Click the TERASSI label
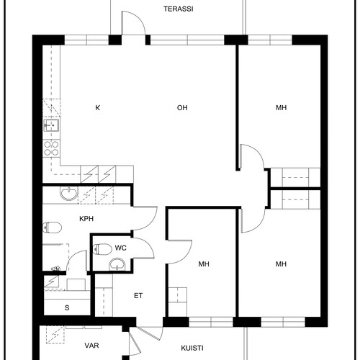pos(179,9)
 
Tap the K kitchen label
pos(98,108)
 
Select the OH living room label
pos(182,108)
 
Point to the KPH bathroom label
pos(86,219)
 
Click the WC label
pos(120,248)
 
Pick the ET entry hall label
pos(138,296)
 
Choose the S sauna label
pos(67,307)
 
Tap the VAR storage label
pos(91,346)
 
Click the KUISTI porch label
pos(192,348)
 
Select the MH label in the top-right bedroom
pos(281,108)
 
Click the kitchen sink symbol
pos(51,125)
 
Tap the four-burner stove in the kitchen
pos(51,148)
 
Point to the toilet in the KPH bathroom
pos(52,228)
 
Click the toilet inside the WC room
pos(102,249)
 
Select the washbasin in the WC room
pos(117,264)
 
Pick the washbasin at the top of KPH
pos(69,194)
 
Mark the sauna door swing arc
pos(73,256)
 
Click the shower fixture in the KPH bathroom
pos(55,269)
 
